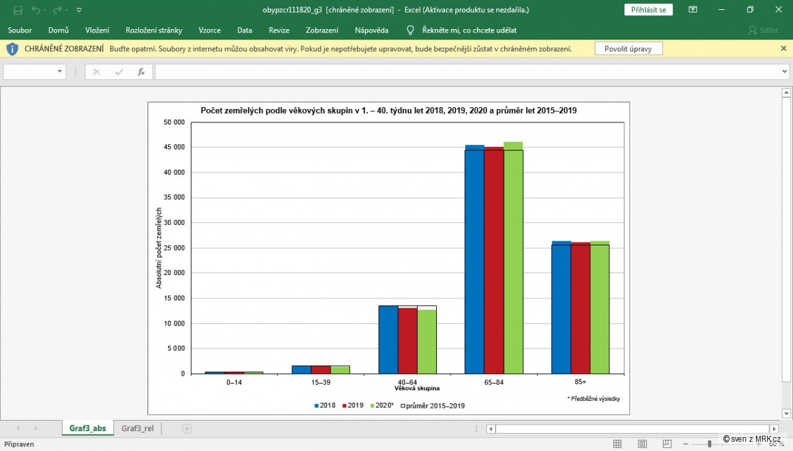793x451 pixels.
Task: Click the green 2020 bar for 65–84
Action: pos(513,257)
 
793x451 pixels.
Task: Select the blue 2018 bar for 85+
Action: pos(561,307)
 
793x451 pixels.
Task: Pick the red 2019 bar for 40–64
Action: pos(408,341)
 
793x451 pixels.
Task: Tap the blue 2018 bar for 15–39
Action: pos(301,370)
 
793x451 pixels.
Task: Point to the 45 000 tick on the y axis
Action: pos(174,147)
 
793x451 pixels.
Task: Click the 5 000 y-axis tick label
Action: pos(176,348)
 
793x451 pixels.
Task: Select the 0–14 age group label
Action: pos(234,382)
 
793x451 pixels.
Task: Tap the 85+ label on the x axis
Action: pos(580,382)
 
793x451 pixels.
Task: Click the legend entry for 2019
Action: pos(353,405)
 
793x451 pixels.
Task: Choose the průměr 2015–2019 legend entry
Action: pos(433,405)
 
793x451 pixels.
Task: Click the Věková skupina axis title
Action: pos(417,388)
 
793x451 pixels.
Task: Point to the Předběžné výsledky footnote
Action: pos(593,399)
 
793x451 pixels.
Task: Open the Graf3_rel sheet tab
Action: pos(137,429)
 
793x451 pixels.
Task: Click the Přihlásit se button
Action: pos(648,9)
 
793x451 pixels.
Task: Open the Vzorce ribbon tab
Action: pos(209,30)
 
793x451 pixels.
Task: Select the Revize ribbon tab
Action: pos(279,30)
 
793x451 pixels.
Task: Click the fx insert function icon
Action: pos(141,72)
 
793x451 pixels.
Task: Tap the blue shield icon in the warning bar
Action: pos(13,49)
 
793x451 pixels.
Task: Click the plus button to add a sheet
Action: pos(187,429)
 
